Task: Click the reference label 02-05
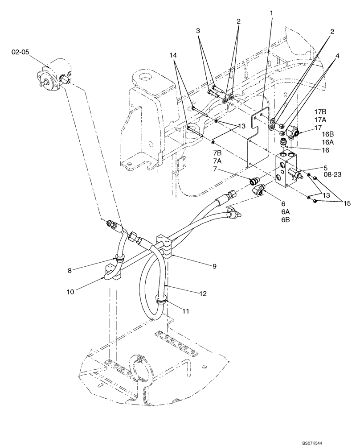click(x=20, y=52)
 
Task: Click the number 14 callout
click(x=173, y=55)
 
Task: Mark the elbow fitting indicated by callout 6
click(x=258, y=190)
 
